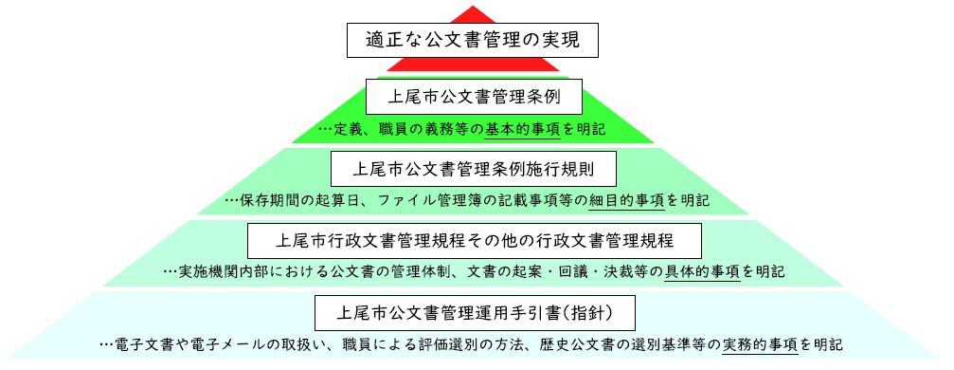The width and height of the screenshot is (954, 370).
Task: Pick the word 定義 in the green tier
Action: pos(348,129)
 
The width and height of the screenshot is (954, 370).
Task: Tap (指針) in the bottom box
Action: pos(595,311)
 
